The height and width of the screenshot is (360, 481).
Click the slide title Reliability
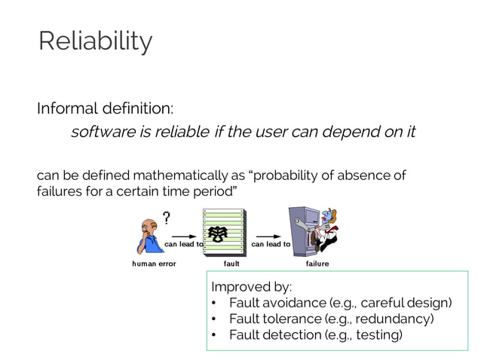(95, 41)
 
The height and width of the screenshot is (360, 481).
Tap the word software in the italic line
(99, 133)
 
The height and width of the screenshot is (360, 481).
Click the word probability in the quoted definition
(289, 175)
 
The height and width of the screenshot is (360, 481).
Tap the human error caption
(154, 264)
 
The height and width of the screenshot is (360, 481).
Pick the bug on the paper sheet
(222, 233)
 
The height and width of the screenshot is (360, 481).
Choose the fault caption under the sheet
(231, 264)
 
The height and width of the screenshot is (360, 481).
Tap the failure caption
(317, 264)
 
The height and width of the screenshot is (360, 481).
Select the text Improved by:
(251, 287)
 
